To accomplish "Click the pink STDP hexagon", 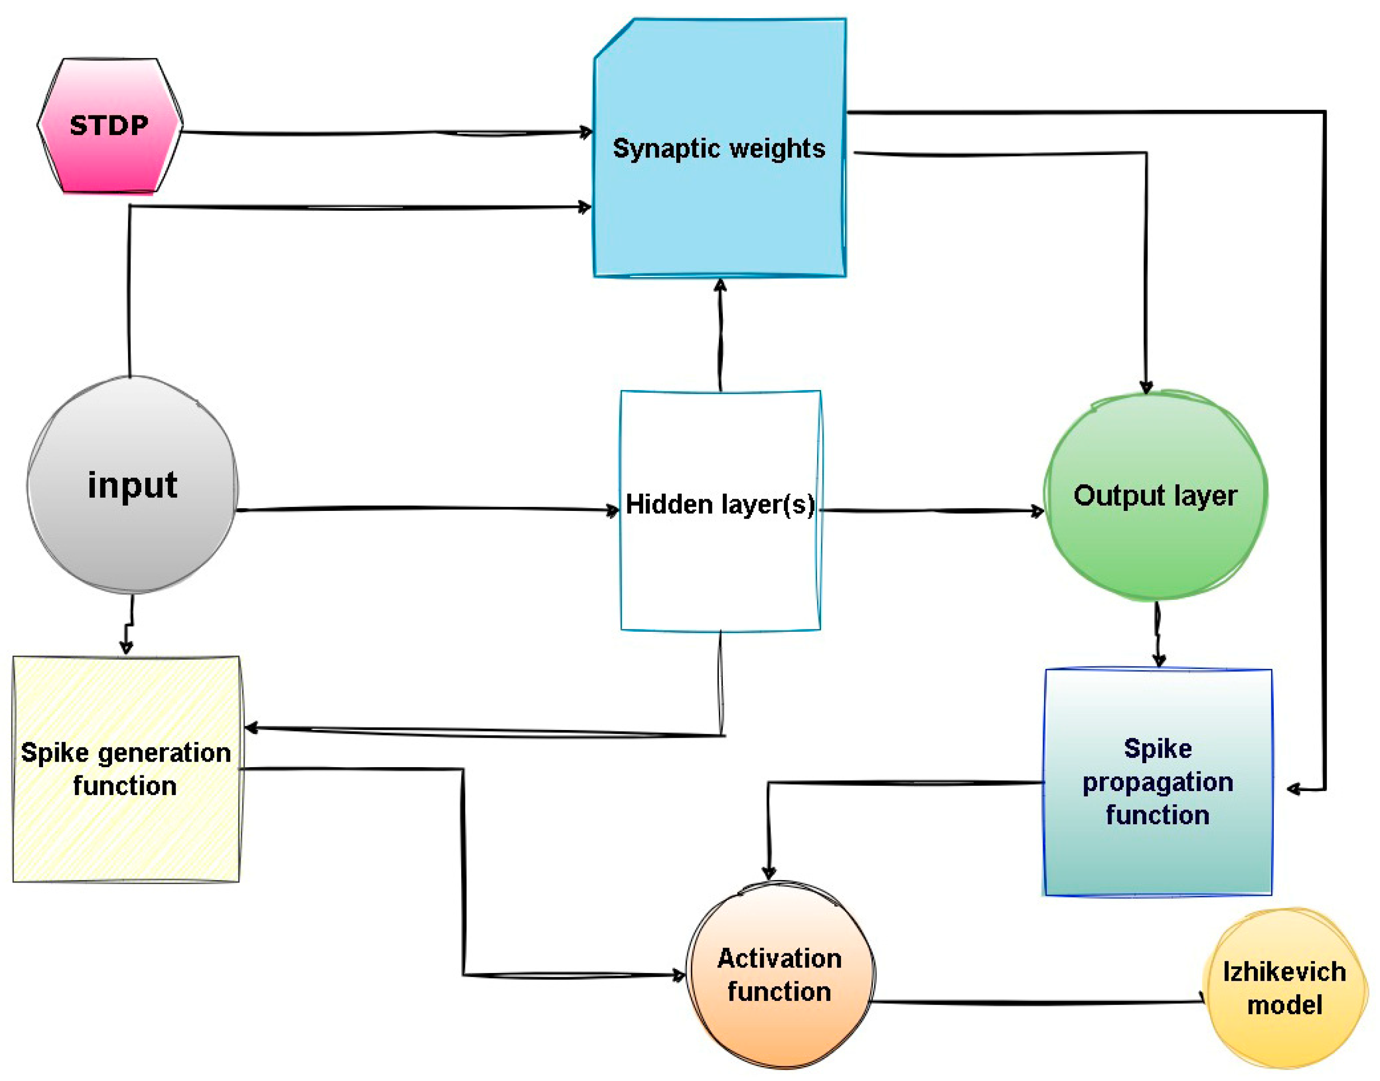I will [110, 125].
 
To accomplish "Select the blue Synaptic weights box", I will [720, 209].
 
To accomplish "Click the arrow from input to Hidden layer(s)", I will [424, 508].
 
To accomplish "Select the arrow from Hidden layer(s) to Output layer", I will [931, 510].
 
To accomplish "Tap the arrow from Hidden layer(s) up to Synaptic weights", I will [720, 335].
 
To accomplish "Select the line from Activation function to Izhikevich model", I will [1038, 1002].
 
